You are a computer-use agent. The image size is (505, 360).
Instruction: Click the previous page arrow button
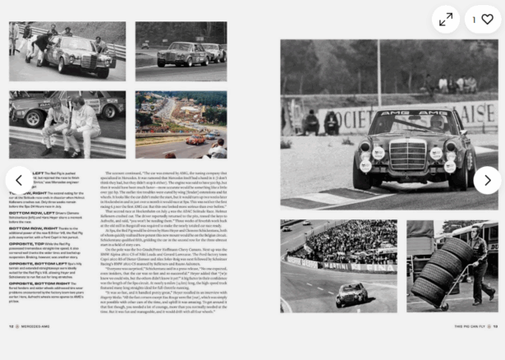[x=19, y=180]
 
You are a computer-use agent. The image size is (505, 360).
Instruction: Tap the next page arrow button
[x=487, y=180]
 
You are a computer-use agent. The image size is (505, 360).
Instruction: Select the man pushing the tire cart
[x=479, y=263]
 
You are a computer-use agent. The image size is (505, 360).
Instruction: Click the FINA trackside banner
[x=374, y=265]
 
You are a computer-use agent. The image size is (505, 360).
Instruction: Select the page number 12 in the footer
[x=11, y=326]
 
